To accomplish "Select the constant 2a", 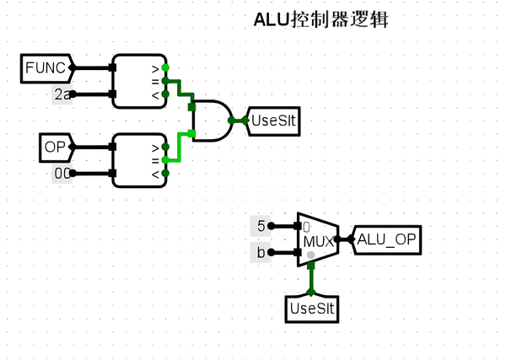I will pos(62,95).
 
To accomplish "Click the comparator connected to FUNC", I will pos(139,81).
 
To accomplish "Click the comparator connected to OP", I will pos(139,160).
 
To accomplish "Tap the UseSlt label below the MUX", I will pos(313,309).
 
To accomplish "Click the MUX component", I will pos(316,239).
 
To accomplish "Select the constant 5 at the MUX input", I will pos(261,226).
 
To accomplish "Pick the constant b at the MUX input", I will pos(261,252).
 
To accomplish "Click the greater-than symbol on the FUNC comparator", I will pos(154,67).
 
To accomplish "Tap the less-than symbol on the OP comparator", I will pos(154,174).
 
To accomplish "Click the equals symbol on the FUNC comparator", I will pos(154,81).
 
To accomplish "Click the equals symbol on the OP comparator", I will pos(154,160).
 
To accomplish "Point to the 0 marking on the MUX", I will pos(307,227).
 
